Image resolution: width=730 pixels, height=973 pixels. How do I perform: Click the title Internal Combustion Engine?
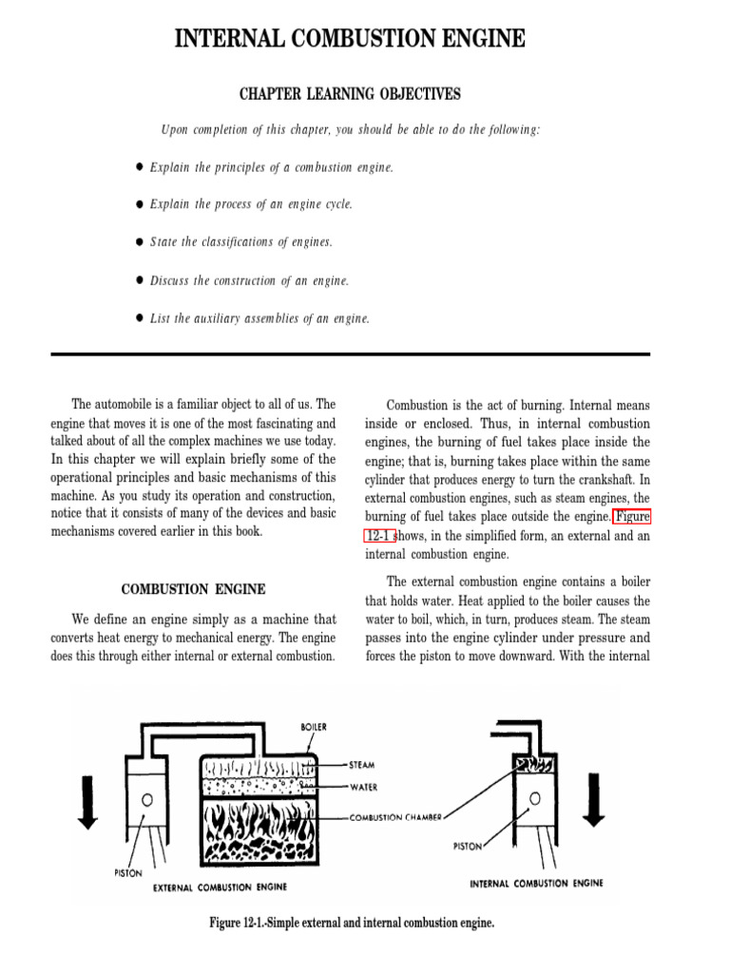349,39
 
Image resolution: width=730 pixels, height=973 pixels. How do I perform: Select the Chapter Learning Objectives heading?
349,94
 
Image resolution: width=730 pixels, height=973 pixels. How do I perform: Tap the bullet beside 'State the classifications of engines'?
139,242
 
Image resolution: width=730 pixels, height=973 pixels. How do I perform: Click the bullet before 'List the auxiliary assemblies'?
139,318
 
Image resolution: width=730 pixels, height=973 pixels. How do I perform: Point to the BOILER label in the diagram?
314,727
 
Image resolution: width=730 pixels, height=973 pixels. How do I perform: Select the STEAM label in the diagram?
363,763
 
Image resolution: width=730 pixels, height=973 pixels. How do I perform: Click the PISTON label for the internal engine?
467,845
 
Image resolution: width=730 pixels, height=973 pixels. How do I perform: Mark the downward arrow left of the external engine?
87,801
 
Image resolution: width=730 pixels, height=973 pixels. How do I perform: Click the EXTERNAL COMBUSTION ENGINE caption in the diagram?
220,887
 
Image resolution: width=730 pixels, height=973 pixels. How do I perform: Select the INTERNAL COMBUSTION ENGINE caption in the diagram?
536,883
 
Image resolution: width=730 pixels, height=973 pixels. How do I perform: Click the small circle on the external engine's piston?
147,800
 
